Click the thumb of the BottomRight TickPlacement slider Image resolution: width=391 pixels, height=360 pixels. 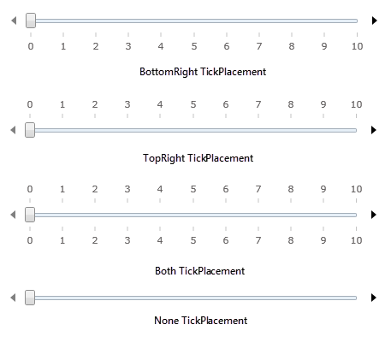tap(31, 21)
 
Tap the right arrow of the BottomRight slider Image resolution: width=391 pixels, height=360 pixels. tap(375, 21)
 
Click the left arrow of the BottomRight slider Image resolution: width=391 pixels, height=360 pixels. tap(14, 21)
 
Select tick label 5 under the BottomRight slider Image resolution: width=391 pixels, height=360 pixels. tap(194, 46)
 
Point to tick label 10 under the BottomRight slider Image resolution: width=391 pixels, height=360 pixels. tap(357, 46)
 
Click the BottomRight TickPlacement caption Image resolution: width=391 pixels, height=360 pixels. tap(203, 72)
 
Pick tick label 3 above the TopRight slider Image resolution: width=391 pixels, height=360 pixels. tap(127, 104)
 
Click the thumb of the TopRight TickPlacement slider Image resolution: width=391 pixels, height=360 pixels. tap(30, 130)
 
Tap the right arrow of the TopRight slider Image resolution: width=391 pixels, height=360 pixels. tap(374, 130)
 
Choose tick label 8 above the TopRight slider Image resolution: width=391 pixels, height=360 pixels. tap(291, 104)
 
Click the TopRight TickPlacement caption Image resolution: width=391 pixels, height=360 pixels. tap(198, 158)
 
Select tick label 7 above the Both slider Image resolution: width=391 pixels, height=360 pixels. tap(258, 189)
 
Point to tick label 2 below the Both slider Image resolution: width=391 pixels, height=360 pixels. tap(95, 240)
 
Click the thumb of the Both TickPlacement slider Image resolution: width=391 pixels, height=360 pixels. tap(30, 215)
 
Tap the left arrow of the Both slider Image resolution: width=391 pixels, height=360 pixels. tap(13, 215)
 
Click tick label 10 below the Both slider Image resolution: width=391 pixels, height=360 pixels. tap(356, 240)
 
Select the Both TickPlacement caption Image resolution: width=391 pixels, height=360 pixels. tap(200, 271)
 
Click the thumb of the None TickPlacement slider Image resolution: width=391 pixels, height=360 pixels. tap(30, 298)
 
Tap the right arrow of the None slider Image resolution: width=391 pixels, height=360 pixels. tap(374, 298)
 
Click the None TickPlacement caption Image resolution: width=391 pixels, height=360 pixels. tap(201, 321)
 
